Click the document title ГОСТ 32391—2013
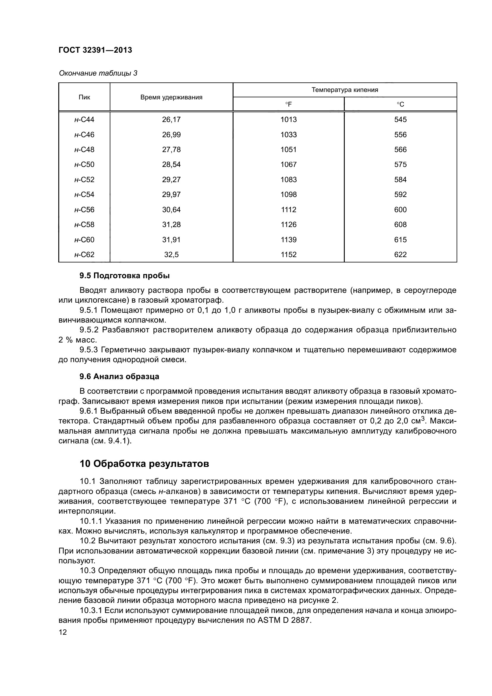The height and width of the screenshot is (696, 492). (x=95, y=50)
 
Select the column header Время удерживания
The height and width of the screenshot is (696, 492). (x=171, y=97)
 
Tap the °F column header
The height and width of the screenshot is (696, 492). (x=289, y=104)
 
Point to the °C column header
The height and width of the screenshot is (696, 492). (x=400, y=104)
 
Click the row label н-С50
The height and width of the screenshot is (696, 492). (x=84, y=165)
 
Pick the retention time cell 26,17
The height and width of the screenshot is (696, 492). (x=171, y=119)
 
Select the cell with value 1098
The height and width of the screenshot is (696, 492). (x=289, y=195)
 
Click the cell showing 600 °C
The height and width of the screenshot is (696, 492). (x=400, y=210)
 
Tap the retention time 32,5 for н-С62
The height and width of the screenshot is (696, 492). (x=171, y=255)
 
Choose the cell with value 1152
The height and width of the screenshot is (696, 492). (x=289, y=255)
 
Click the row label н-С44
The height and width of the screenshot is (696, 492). (x=84, y=119)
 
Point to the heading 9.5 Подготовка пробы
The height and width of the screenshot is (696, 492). (x=125, y=276)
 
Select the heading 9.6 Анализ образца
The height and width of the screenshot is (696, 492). (x=119, y=376)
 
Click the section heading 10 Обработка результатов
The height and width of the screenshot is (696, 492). (x=144, y=464)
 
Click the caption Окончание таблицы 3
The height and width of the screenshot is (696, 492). (x=98, y=73)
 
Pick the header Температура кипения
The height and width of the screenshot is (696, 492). (x=345, y=90)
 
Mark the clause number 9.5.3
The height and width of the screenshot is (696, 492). (x=88, y=350)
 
